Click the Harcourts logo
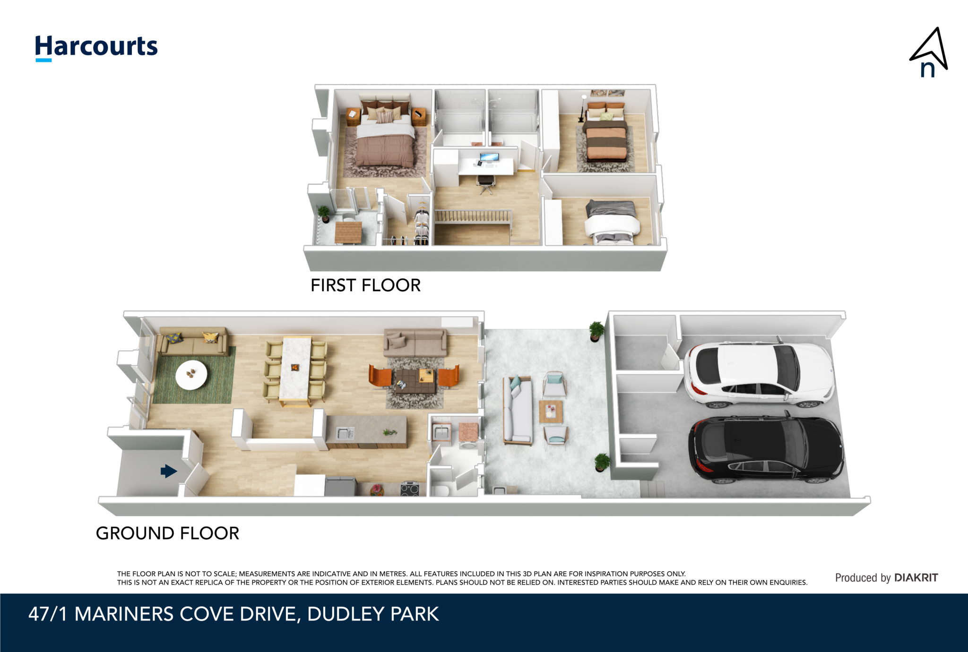96,47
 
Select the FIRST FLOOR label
365,285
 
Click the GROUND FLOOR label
167,533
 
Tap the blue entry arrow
168,471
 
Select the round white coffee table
191,374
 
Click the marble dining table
295,369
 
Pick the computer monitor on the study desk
489,157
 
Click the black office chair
485,183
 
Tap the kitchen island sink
345,432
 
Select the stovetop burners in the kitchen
409,489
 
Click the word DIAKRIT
916,578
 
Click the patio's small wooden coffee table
551,411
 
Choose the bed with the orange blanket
606,140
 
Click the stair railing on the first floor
473,216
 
